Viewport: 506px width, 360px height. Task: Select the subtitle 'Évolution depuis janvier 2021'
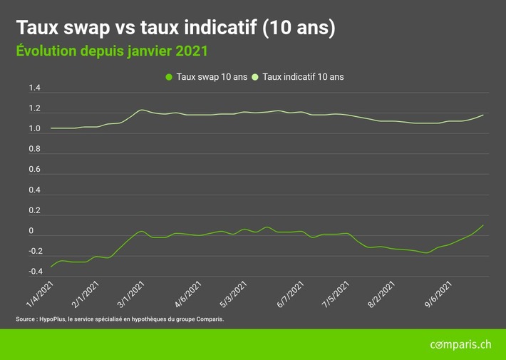pyautogui.click(x=112, y=51)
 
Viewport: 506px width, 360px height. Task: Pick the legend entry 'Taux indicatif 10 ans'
pyautogui.click(x=303, y=77)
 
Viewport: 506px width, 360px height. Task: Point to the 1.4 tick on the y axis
pyautogui.click(x=34, y=88)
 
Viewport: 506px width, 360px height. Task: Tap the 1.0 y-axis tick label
pyautogui.click(x=34, y=129)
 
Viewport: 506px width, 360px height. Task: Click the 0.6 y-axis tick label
pyautogui.click(x=34, y=170)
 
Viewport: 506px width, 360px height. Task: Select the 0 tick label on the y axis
pyautogui.click(x=31, y=231)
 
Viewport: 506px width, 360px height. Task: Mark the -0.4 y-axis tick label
pyautogui.click(x=34, y=272)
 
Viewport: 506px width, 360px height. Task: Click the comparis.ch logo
pyautogui.click(x=460, y=345)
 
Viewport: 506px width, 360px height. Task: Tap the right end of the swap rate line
pyautogui.click(x=483, y=225)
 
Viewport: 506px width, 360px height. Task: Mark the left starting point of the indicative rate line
pyautogui.click(x=51, y=128)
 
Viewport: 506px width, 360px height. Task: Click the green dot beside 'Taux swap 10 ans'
pyautogui.click(x=169, y=77)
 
